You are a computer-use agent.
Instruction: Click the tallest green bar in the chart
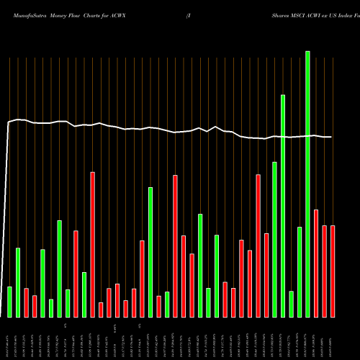tap(307, 184)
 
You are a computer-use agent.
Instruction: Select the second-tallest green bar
tap(283, 206)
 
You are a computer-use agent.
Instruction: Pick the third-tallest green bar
tap(274, 240)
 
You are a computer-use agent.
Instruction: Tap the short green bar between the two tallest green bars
tap(291, 304)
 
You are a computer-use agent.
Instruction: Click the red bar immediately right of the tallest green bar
tap(316, 264)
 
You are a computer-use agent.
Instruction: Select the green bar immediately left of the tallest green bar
tap(300, 272)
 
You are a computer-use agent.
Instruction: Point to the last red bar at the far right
tap(333, 271)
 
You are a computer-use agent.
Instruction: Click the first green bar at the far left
tap(9, 302)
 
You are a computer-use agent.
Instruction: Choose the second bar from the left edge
tap(18, 282)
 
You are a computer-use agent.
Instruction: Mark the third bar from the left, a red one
tap(26, 302)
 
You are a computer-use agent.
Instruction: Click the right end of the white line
tap(331, 137)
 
